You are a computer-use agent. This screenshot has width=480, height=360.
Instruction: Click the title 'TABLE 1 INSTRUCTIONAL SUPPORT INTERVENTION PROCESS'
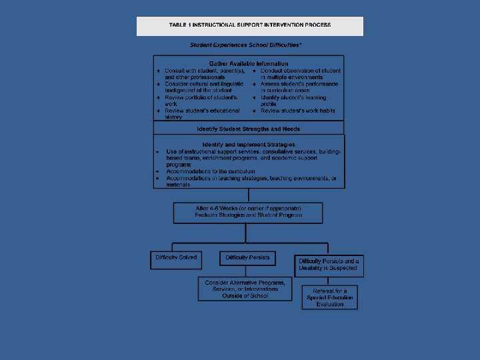250,25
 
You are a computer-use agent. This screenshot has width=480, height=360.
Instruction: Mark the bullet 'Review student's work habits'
298,111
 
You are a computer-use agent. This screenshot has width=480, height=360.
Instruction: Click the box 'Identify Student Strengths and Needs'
249,128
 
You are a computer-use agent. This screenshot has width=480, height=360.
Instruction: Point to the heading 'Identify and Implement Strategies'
249,144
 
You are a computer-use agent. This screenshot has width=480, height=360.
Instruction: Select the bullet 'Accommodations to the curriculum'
210,171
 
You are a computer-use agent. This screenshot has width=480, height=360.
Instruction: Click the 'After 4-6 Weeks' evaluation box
248,213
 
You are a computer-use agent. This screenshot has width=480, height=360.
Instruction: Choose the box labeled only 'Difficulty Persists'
247,258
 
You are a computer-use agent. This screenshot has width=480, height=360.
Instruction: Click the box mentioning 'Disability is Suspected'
328,265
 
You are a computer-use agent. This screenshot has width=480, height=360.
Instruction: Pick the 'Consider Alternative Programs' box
245,289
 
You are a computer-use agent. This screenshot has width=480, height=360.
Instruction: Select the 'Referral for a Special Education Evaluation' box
330,297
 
